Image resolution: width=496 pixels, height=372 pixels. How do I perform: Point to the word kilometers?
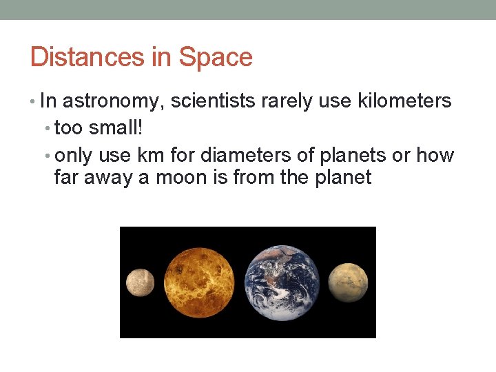click(404, 101)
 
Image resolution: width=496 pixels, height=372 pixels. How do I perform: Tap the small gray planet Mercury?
click(141, 282)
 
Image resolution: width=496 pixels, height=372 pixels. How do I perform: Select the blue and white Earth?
click(282, 282)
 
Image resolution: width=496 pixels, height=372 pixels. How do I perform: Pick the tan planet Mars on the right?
click(347, 282)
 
